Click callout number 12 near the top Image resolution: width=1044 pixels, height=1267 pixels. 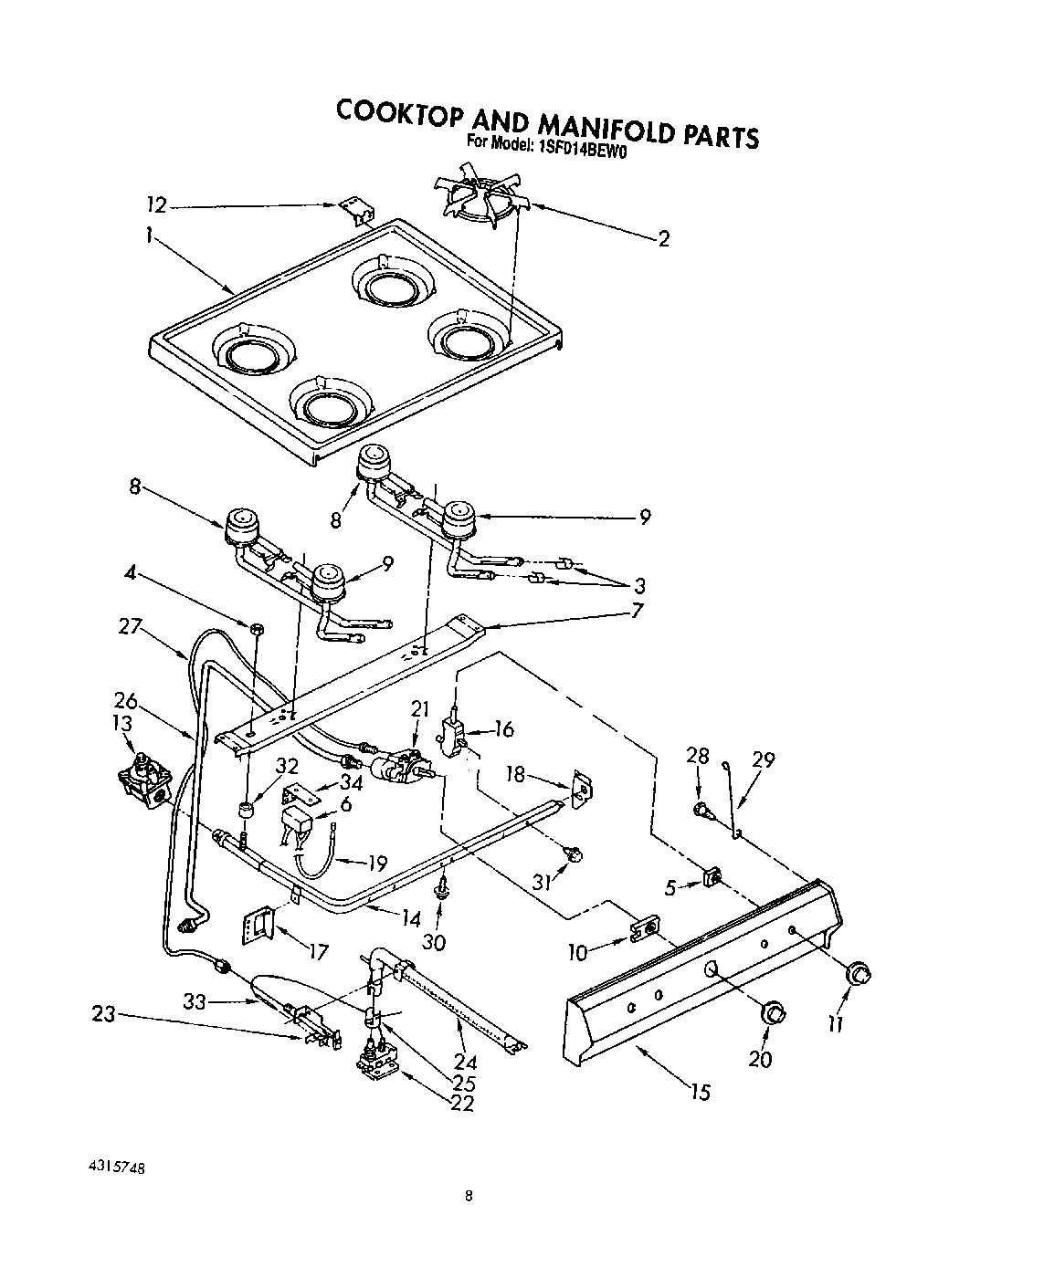[157, 204]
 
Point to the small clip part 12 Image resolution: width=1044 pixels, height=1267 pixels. [360, 212]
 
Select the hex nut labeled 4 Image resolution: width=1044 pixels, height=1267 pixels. [257, 629]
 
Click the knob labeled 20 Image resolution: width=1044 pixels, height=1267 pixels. [775, 1010]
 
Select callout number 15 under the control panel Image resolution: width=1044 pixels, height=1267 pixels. [700, 1092]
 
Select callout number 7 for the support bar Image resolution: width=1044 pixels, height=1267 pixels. [637, 611]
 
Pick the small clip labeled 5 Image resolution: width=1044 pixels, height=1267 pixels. [712, 879]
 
